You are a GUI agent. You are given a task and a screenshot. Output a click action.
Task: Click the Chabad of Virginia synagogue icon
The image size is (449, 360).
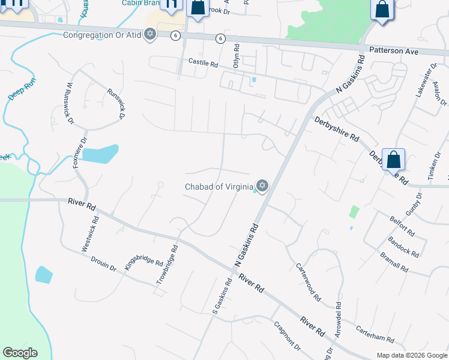coord(262,185)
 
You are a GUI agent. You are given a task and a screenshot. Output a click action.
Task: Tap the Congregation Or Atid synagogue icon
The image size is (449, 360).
coord(150,34)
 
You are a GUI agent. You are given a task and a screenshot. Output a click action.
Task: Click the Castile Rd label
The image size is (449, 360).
coord(203,62)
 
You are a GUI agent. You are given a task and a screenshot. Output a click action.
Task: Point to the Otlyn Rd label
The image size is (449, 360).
coord(237,56)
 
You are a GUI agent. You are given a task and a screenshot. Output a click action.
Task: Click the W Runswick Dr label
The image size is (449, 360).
coord(70,103)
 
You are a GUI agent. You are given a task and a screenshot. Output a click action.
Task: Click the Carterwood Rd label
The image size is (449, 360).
coord(309,282)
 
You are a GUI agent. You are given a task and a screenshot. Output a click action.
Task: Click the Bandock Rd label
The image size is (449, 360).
coord(404,247)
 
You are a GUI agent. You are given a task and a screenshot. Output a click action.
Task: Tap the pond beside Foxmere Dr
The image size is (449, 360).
coord(100,154)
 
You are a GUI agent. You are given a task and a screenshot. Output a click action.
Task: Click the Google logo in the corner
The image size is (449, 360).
coord(20,353)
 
